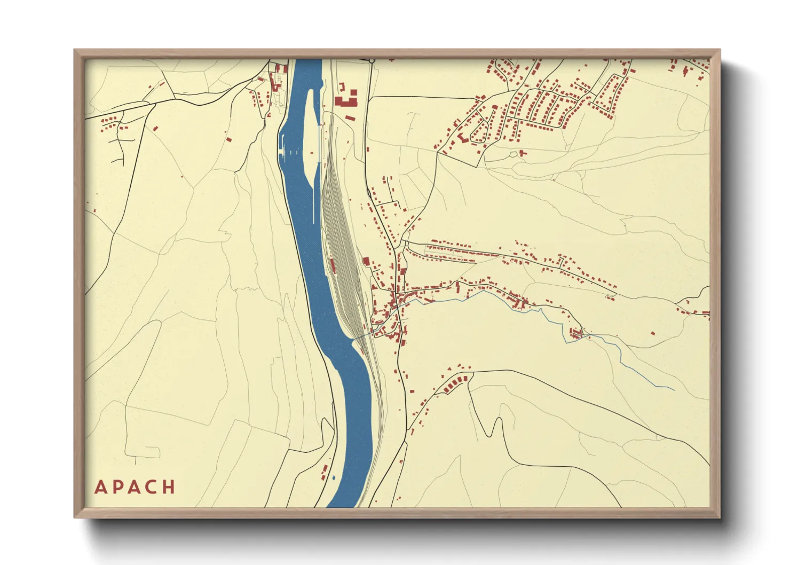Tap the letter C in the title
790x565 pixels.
(152, 487)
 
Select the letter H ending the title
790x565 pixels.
(169, 487)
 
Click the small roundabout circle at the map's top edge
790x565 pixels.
(372, 61)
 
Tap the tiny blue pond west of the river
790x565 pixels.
(334, 477)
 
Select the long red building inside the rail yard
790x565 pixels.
(332, 265)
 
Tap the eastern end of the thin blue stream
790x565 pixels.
(674, 389)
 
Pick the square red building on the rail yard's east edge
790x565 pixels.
(366, 261)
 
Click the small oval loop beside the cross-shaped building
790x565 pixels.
(513, 155)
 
